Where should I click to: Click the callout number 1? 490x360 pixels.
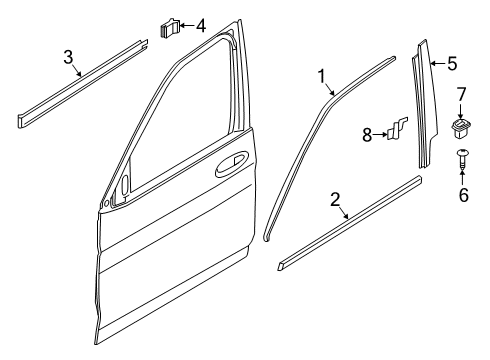tap(322, 75)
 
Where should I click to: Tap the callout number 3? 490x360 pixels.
tap(68, 57)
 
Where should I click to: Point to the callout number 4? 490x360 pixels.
tap(201, 23)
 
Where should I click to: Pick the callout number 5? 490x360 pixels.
tap(452, 65)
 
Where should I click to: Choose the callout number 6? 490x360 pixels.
tap(463, 195)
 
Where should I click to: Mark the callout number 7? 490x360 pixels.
tap(462, 95)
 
